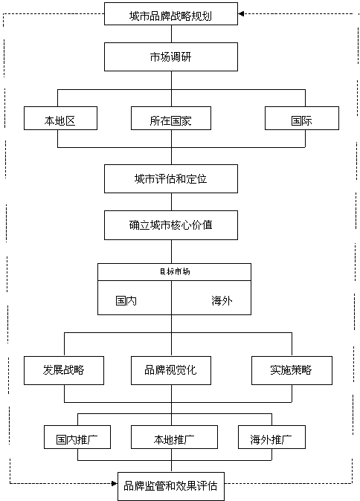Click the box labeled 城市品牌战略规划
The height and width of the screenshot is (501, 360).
coord(171,13)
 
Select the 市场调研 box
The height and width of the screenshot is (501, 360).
coord(171,56)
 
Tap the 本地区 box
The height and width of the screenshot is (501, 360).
coord(60,120)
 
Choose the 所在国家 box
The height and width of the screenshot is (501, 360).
coord(171,120)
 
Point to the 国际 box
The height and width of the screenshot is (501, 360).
coord(301,120)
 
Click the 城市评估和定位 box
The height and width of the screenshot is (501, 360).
coord(171,179)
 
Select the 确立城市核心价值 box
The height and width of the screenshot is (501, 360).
coord(171,224)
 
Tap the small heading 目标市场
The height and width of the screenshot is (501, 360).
coord(174,271)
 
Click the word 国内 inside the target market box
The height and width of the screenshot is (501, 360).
coord(126,301)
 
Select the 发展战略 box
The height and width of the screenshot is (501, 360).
coord(63,369)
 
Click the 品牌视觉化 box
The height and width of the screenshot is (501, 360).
coord(171,369)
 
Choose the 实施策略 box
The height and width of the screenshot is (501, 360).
coord(291,369)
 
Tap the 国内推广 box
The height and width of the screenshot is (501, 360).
coord(77,438)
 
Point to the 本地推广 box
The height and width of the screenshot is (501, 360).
coord(174,438)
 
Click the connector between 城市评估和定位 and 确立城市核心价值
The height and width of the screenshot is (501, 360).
coord(172,201)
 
